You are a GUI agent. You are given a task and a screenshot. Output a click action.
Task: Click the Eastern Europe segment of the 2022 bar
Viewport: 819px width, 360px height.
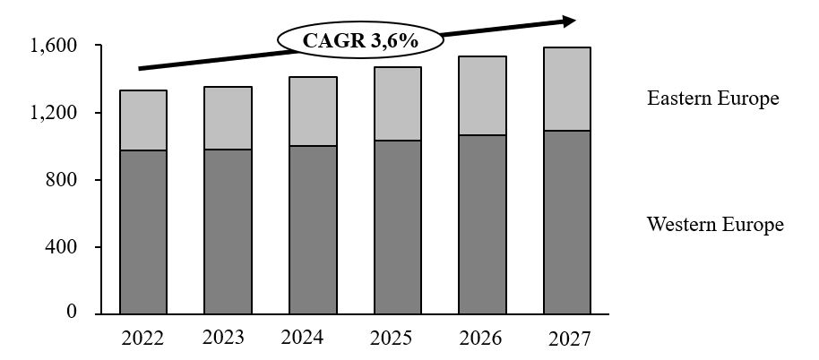(x=143, y=120)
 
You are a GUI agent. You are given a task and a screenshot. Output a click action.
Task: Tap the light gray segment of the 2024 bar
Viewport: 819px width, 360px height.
(x=313, y=111)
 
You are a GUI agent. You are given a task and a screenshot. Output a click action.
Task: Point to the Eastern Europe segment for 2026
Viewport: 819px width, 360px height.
(x=482, y=96)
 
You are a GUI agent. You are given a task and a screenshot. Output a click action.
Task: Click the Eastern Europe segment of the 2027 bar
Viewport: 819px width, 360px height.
(x=566, y=89)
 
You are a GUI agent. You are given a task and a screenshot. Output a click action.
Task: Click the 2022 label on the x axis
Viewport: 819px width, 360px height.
(x=142, y=339)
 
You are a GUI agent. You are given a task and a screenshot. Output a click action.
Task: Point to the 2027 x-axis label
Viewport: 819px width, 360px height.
(x=568, y=339)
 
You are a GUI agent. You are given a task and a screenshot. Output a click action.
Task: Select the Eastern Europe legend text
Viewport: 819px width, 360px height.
(x=713, y=99)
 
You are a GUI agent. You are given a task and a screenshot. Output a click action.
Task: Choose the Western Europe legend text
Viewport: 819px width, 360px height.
(x=715, y=224)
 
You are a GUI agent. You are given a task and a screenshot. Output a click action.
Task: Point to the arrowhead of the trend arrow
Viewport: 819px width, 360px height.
(x=568, y=20)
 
